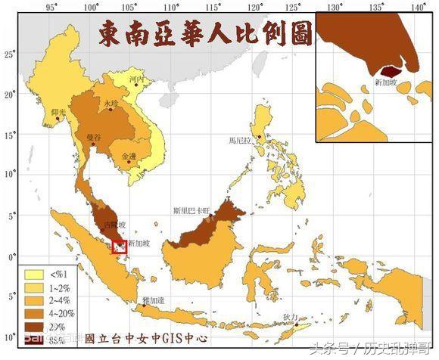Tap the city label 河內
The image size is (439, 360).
[x=136, y=78]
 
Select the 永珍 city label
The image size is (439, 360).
[x=111, y=103]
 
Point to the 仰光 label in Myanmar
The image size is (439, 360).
[x=58, y=113]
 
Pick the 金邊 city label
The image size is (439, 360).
[x=129, y=157]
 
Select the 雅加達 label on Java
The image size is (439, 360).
[x=153, y=300]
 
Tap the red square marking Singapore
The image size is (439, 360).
[x=120, y=246]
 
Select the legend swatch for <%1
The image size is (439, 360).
[x=35, y=275]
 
